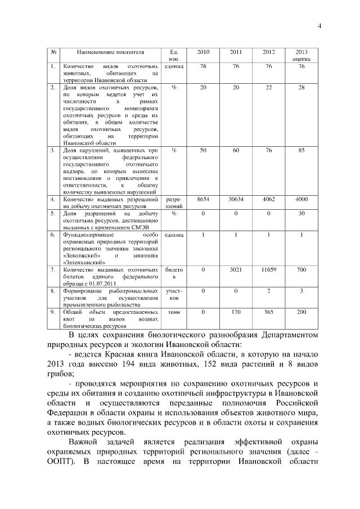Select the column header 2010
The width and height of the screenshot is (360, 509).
click(x=203, y=52)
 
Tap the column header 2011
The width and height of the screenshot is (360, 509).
click(x=236, y=52)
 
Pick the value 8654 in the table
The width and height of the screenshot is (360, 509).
click(x=203, y=200)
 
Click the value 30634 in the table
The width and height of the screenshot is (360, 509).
click(x=236, y=200)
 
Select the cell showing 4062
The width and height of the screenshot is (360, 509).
click(x=269, y=200)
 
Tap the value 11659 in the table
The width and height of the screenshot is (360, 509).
click(x=269, y=271)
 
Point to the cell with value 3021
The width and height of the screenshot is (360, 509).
click(x=236, y=271)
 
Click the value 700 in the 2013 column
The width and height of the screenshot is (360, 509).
click(x=301, y=271)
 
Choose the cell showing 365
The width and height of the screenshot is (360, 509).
click(x=269, y=312)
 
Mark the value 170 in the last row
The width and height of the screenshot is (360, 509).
click(x=236, y=312)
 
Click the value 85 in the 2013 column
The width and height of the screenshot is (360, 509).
click(x=301, y=151)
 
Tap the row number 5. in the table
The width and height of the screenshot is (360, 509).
click(x=52, y=214)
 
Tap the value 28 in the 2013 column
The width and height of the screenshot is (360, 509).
click(x=301, y=88)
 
